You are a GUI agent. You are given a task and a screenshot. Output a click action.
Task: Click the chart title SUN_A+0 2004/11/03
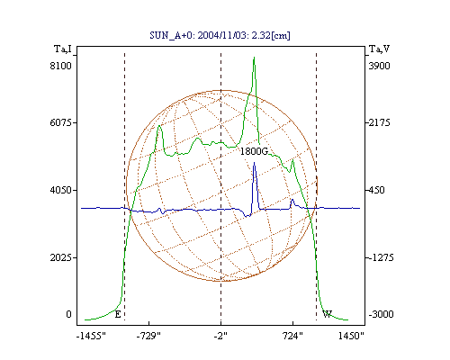[x=220, y=35]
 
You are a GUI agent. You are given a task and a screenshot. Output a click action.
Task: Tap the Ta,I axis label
[x=63, y=49]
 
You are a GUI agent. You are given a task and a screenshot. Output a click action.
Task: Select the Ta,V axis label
[x=379, y=49]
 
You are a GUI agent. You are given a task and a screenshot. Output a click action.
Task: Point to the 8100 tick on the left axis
[x=61, y=66]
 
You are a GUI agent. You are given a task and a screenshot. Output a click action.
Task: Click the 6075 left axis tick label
[x=61, y=122]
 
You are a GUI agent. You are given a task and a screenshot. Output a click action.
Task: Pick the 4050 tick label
[x=61, y=190]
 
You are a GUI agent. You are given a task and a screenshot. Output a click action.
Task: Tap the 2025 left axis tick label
[x=61, y=257]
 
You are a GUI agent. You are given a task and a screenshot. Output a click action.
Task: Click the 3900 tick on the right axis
[x=379, y=66]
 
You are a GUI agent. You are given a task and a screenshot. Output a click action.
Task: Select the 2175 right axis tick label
[x=379, y=122]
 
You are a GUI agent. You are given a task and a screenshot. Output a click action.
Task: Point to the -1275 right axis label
[x=381, y=257]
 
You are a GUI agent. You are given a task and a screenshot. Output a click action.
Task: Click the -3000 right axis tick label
[x=381, y=314]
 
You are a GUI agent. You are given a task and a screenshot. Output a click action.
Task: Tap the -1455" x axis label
[x=91, y=336]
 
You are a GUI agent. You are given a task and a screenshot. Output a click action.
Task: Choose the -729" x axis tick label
[x=148, y=336]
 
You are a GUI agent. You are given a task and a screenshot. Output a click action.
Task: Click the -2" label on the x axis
[x=220, y=336]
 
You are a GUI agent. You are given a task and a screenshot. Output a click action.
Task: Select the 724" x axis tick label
[x=292, y=336]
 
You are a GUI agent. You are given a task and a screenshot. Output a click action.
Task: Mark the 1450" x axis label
[x=351, y=336]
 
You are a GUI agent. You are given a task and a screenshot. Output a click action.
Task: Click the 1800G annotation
[x=254, y=151]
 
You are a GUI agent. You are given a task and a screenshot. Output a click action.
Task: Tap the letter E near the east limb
[x=118, y=314]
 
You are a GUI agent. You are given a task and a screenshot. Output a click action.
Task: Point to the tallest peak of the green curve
[x=254, y=58]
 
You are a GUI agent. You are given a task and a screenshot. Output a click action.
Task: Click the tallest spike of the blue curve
[x=255, y=163]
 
